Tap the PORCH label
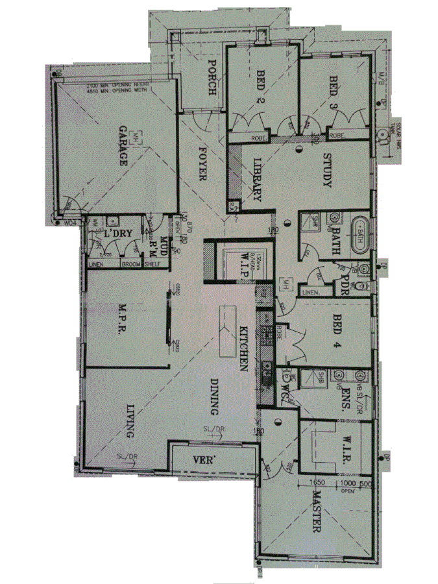[x=211, y=78]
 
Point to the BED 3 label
[x=333, y=91]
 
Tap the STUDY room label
[x=326, y=171]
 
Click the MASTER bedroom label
[x=316, y=512]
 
